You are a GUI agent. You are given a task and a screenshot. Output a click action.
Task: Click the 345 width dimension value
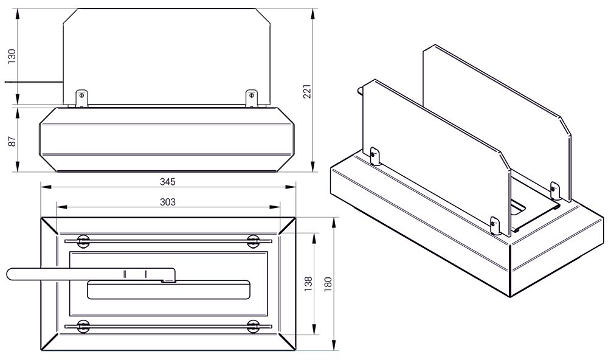tap(168, 182)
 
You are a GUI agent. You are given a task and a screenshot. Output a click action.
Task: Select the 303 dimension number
tap(168, 202)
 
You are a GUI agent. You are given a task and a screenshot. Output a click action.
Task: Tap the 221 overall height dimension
tap(308, 91)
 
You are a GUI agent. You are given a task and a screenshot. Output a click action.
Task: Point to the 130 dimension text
tap(12, 57)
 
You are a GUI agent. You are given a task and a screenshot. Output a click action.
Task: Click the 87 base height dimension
tap(12, 141)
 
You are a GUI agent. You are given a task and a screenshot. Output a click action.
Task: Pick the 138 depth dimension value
tap(308, 284)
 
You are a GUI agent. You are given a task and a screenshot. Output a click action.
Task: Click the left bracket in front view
tap(81, 99)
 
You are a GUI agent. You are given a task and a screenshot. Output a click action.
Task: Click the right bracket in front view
tap(252, 99)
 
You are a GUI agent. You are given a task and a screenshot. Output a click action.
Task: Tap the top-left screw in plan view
tap(83, 241)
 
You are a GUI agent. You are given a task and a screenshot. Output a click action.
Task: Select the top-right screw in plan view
tap(253, 241)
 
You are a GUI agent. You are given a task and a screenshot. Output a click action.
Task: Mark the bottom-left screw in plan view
tap(83, 327)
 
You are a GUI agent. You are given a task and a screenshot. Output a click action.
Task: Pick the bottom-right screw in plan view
tap(253, 327)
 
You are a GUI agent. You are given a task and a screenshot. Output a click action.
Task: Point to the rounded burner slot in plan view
tap(168, 290)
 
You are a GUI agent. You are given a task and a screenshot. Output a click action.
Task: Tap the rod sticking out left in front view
tap(33, 82)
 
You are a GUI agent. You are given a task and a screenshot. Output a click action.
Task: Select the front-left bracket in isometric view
tap(375, 156)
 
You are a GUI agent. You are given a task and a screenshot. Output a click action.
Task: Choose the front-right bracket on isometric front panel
tap(495, 226)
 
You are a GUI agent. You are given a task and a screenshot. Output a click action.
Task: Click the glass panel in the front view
tap(167, 57)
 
